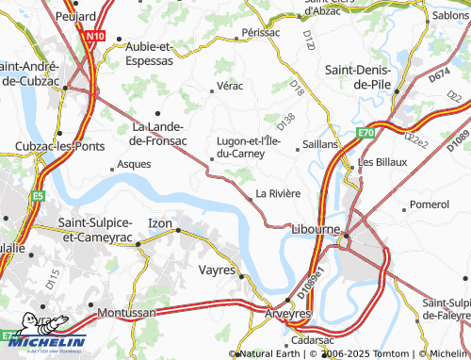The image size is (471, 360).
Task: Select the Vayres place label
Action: (x=218, y=269)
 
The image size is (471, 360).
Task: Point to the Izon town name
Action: (x=160, y=222)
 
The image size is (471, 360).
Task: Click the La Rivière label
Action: (x=278, y=193)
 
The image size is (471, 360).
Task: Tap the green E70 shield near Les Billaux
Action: (x=365, y=135)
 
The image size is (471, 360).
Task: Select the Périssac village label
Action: (x=261, y=32)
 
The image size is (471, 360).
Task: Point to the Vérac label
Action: (x=230, y=86)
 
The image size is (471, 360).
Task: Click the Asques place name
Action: (x=132, y=164)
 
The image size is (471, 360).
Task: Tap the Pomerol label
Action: (x=430, y=204)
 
